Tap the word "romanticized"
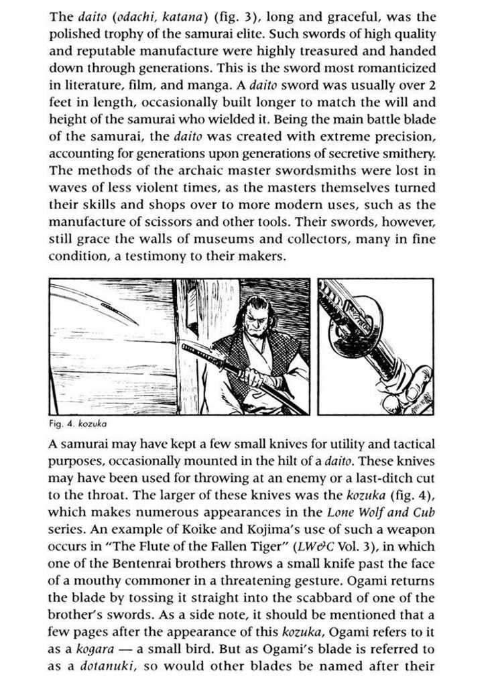point(399,68)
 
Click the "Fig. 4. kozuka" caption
point(79,424)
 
